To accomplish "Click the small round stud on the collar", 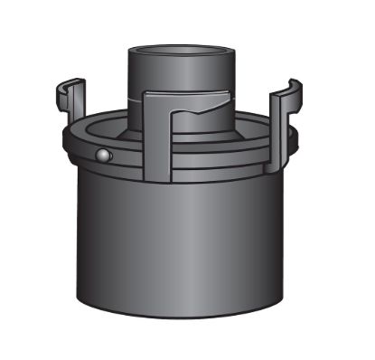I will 104,156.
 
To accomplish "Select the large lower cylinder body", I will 181,244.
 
